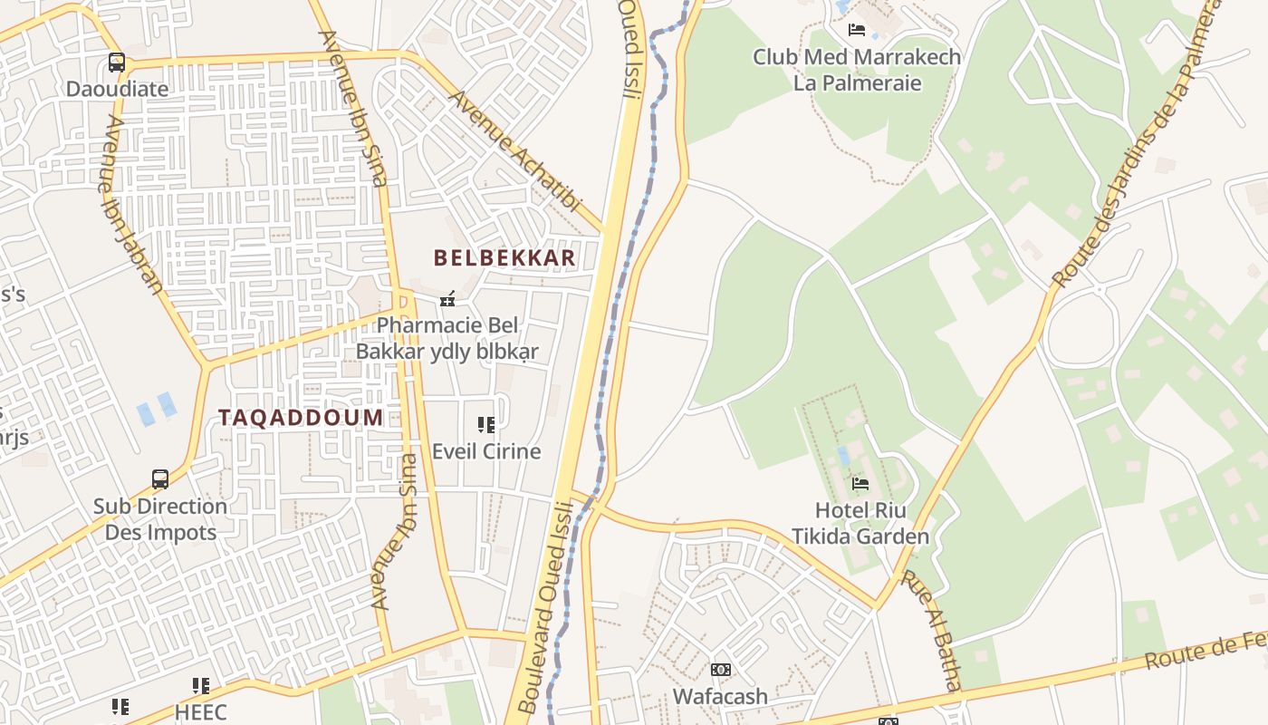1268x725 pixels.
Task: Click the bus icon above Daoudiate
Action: coord(117,63)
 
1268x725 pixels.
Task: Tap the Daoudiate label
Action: coord(117,89)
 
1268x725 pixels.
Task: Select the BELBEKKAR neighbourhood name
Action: coord(504,258)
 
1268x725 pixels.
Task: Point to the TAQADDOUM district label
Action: coord(301,418)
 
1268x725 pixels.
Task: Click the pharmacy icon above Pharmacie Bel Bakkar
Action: coord(447,298)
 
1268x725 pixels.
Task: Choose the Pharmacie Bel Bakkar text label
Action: coord(447,338)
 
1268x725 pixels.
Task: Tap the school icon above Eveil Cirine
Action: coord(485,424)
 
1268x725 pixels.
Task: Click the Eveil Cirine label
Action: coord(486,451)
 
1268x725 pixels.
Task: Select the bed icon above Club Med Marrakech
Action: coord(856,30)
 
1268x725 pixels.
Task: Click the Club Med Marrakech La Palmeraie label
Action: coord(857,70)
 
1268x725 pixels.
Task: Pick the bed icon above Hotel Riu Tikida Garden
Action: coord(860,483)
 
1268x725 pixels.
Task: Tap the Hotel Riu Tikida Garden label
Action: coord(860,523)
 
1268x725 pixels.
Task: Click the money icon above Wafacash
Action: coord(720,670)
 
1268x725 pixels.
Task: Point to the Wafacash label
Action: coord(720,697)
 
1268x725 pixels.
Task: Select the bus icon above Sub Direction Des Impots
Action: coord(160,478)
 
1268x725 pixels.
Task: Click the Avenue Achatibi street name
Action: coord(514,150)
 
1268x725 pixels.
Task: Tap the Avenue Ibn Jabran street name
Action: coord(132,204)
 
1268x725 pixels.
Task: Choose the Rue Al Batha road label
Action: coord(933,630)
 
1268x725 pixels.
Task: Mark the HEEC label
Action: coord(200,711)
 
